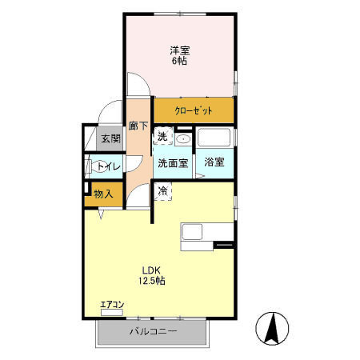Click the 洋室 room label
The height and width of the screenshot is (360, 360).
pyautogui.click(x=178, y=50)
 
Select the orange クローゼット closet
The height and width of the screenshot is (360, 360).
pyautogui.click(x=194, y=110)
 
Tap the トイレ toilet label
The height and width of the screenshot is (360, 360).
pyautogui.click(x=109, y=166)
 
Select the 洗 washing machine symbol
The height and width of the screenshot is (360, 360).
pyautogui.click(x=162, y=137)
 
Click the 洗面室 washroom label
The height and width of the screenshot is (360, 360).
pyautogui.click(x=172, y=162)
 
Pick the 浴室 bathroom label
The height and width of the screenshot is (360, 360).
pyautogui.click(x=214, y=162)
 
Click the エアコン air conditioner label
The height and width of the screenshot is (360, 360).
pyautogui.click(x=112, y=304)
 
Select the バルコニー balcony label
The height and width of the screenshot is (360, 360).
pyautogui.click(x=152, y=330)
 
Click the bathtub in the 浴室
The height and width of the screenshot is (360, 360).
pyautogui.click(x=214, y=138)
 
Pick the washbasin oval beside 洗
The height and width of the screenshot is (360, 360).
pyautogui.click(x=184, y=138)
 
